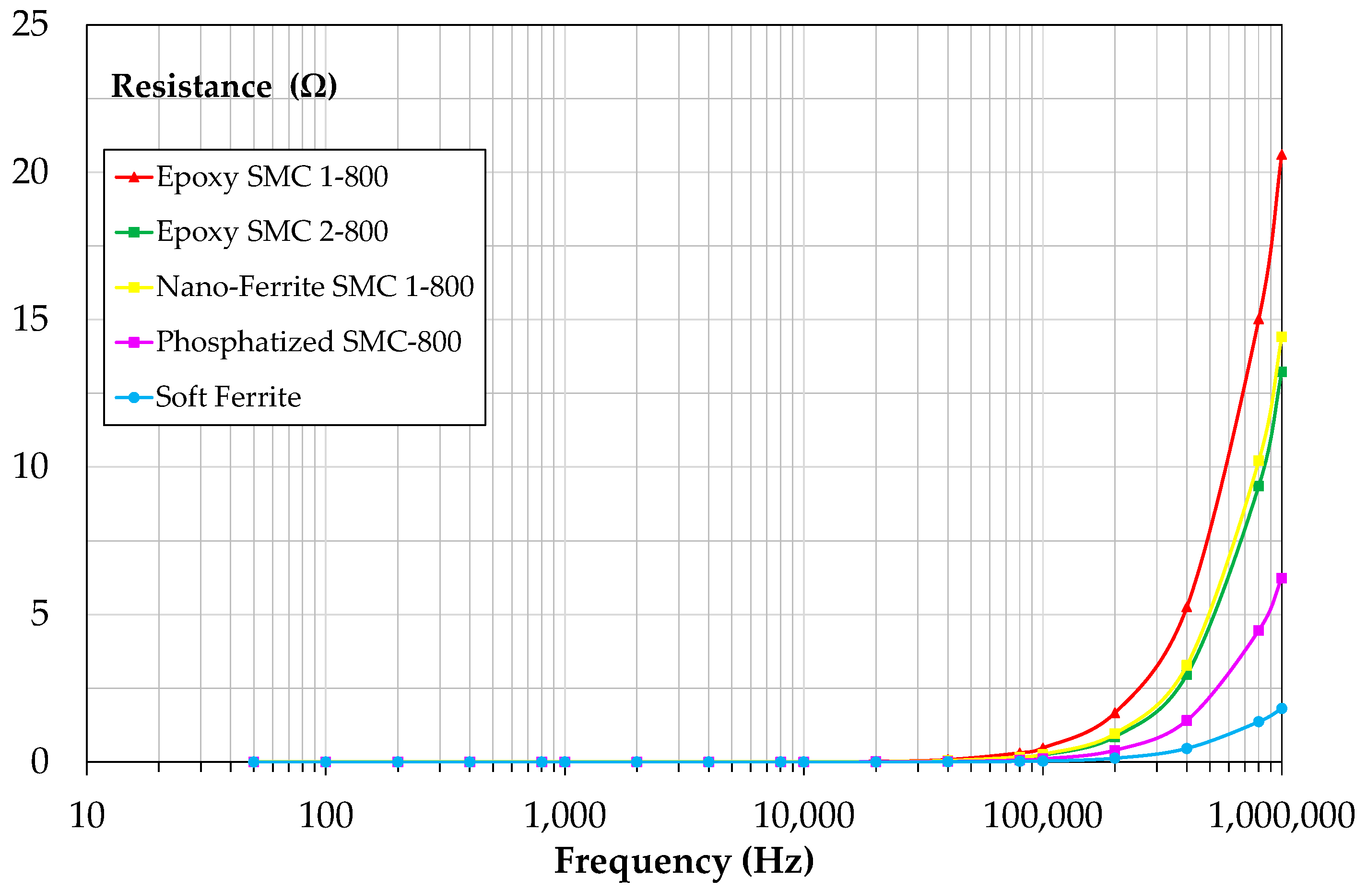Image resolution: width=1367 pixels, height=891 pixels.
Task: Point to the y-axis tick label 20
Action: pos(30,172)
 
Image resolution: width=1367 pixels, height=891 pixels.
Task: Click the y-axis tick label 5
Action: pos(39,614)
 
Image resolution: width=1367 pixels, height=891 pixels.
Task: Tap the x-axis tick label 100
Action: pos(326,816)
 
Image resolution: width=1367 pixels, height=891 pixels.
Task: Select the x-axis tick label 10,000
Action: pos(803,816)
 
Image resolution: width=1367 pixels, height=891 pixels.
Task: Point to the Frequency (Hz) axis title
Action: pos(684,862)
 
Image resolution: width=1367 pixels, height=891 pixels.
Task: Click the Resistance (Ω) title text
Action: pos(224,86)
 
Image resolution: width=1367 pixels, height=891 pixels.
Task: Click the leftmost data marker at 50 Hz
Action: pos(254,762)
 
